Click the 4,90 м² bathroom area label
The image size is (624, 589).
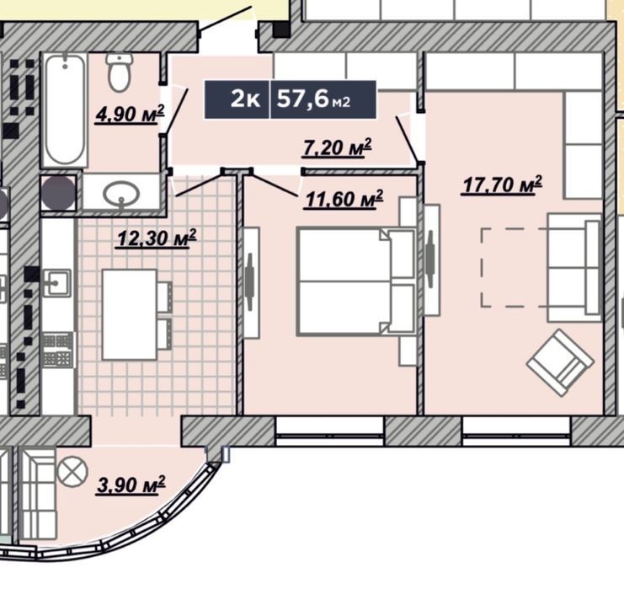(130, 115)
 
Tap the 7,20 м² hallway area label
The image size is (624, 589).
(337, 147)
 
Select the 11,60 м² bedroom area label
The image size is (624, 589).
(343, 199)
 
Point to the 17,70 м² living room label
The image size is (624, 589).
(501, 185)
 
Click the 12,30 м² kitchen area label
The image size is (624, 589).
(156, 238)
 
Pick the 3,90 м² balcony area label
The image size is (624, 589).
(131, 485)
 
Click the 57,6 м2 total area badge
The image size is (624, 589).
(313, 99)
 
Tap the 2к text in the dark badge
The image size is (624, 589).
(245, 99)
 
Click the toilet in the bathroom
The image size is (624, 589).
(119, 72)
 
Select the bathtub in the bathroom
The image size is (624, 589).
(65, 110)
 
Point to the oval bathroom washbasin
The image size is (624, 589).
(121, 194)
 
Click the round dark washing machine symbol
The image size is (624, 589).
(59, 193)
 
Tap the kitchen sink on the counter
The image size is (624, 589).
(56, 283)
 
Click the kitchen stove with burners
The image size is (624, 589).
(58, 350)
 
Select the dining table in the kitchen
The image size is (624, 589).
(130, 314)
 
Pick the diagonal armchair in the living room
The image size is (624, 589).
(561, 362)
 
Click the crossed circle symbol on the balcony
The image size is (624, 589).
(72, 472)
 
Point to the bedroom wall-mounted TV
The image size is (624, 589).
(250, 282)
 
